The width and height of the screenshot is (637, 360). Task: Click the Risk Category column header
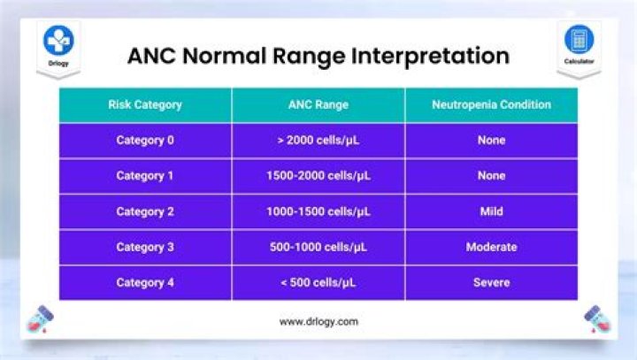click(x=145, y=104)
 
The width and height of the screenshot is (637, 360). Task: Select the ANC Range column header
click(x=318, y=104)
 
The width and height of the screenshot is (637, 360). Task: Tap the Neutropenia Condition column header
click(x=491, y=104)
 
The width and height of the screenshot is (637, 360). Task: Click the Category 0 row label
click(x=145, y=140)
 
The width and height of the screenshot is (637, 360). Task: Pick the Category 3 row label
click(x=145, y=247)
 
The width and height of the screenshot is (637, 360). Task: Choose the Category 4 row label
click(x=145, y=282)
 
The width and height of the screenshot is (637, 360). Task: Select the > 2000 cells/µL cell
click(x=318, y=140)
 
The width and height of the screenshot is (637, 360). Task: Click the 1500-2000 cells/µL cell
click(x=318, y=175)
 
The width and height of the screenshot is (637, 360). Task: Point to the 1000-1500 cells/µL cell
click(x=318, y=211)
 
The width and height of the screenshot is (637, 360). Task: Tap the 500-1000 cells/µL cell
click(x=318, y=247)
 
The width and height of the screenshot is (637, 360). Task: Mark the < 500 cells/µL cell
click(x=318, y=282)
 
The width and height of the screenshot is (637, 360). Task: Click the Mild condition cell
click(x=491, y=211)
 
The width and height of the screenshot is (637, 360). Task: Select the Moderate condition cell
click(x=491, y=247)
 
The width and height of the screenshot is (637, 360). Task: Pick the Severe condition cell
click(x=491, y=282)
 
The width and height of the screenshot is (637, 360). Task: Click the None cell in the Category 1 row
click(x=491, y=175)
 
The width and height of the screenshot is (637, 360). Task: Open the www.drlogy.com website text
click(x=318, y=322)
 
